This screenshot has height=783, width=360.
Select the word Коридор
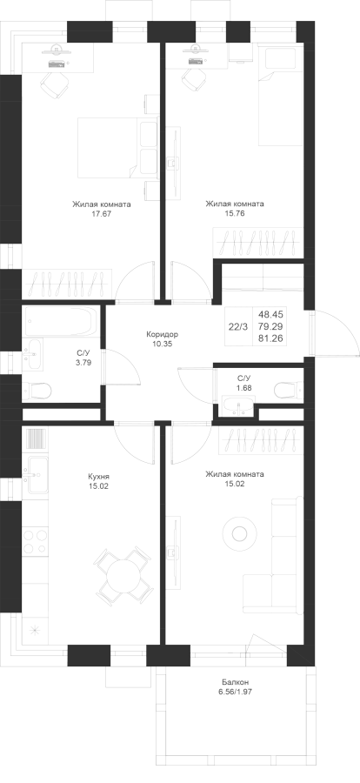pos(163,335)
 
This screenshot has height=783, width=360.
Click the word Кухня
pos(97,477)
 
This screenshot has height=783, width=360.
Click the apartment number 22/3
pos(237,327)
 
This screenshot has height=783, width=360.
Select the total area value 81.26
pos(270,339)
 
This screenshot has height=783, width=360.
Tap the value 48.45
pos(270,315)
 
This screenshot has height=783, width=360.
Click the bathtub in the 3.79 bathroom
pos(59,322)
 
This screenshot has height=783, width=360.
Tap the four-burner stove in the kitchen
pos(35,541)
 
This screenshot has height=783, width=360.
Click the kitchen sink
pos(35,474)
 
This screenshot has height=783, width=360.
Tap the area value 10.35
pos(163,344)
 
